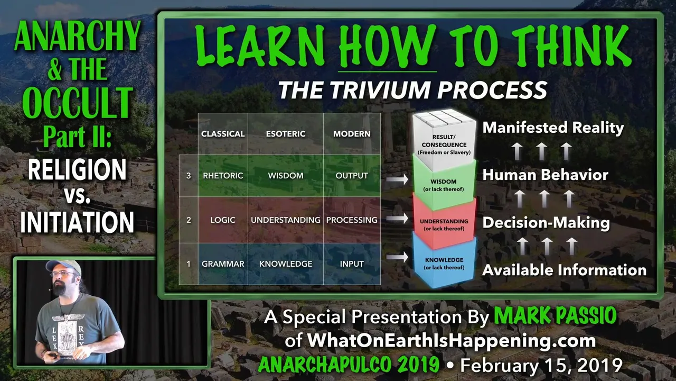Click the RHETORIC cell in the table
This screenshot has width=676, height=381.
(x=223, y=176)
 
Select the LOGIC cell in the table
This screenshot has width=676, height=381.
(x=223, y=220)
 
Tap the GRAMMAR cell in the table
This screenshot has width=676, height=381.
(x=223, y=264)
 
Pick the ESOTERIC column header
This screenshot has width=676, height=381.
(x=286, y=134)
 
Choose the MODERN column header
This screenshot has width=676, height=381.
(x=352, y=134)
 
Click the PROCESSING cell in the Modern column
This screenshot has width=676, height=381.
(x=352, y=220)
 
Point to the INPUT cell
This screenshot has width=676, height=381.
(x=352, y=264)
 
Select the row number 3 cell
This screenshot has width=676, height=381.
(x=189, y=176)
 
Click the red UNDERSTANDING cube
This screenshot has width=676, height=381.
(x=444, y=224)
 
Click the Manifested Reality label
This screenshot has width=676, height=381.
(x=553, y=128)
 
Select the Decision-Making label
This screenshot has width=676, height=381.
(x=546, y=223)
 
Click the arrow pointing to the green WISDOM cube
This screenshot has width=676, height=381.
(x=397, y=179)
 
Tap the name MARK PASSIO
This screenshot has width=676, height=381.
(x=555, y=316)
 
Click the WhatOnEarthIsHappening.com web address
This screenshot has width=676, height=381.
(x=452, y=340)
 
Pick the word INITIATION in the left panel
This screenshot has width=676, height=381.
(x=77, y=222)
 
